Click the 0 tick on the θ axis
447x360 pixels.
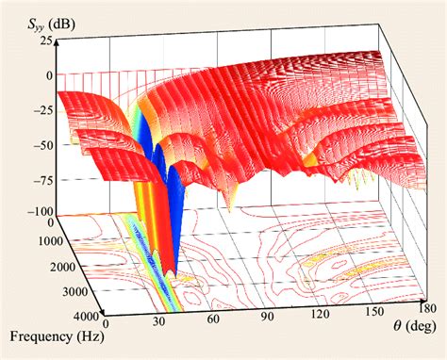(107, 325)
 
